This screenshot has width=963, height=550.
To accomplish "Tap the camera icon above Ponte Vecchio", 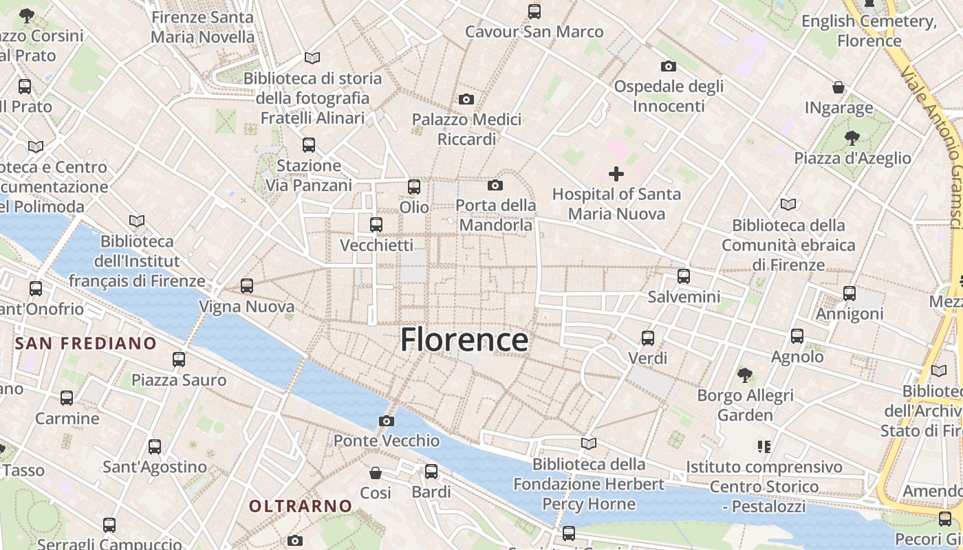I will click(x=387, y=421).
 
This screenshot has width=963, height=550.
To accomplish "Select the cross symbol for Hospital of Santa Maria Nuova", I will click(x=616, y=174).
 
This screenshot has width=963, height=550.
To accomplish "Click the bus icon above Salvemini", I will click(x=683, y=276).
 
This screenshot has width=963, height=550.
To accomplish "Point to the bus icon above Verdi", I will click(x=648, y=338).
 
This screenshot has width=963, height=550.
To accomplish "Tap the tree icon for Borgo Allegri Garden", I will click(x=744, y=375).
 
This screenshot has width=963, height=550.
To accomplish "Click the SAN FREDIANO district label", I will click(x=86, y=343).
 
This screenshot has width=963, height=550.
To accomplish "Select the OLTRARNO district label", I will click(x=301, y=507).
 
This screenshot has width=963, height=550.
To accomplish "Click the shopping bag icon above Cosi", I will click(x=376, y=473).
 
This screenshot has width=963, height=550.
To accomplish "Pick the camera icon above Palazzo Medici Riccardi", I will click(x=466, y=100).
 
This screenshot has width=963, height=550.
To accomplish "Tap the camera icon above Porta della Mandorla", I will click(x=495, y=185).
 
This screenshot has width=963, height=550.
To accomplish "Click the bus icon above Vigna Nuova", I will click(x=247, y=286).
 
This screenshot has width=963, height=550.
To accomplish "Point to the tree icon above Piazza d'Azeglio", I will click(x=852, y=137).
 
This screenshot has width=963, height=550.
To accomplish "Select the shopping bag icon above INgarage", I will click(x=838, y=87).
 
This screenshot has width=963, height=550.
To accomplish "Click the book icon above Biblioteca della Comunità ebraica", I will click(x=788, y=204).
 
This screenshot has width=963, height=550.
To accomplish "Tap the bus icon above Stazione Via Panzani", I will click(x=309, y=145).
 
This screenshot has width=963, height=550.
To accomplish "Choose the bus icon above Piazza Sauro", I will click(x=179, y=359).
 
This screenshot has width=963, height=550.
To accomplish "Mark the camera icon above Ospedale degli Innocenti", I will click(x=668, y=67).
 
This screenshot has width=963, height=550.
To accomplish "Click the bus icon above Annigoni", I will click(x=850, y=294).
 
